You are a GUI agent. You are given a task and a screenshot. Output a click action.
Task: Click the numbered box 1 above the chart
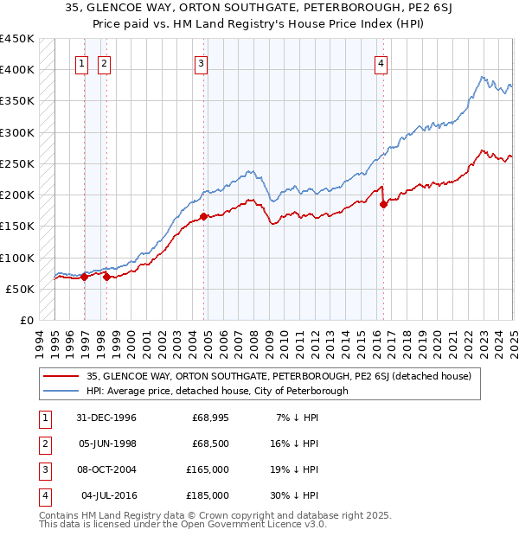(81, 61)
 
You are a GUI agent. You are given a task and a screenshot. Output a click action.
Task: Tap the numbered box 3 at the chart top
(201, 61)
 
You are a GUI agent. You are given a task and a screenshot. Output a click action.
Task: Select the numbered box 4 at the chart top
(381, 61)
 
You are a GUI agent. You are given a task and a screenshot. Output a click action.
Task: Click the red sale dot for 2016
(384, 205)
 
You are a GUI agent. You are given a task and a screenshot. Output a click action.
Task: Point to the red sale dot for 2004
(203, 217)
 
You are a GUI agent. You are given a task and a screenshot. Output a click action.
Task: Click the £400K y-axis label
(17, 70)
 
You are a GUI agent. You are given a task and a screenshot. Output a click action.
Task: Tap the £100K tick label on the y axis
(17, 258)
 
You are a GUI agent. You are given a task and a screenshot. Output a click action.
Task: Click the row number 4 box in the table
(43, 495)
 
